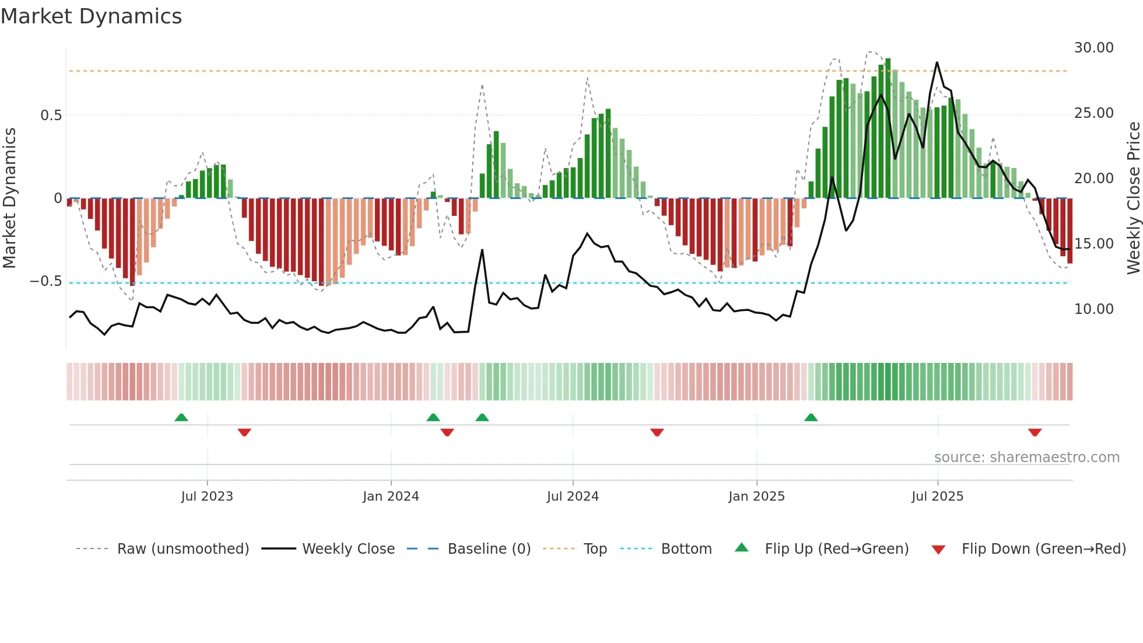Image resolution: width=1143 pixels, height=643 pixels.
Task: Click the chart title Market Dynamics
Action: (91, 16)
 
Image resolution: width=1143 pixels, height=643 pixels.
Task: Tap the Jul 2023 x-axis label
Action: (206, 497)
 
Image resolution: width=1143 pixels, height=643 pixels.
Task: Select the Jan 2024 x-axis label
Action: (391, 497)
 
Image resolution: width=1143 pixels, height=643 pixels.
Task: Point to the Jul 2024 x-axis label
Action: (573, 497)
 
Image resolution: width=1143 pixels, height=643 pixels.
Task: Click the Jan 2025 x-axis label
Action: (756, 497)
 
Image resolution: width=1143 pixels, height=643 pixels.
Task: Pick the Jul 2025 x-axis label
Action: (937, 497)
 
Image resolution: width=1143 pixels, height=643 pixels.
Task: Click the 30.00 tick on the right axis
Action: (1093, 48)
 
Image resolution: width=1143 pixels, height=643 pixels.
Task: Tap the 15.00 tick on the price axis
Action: (1093, 244)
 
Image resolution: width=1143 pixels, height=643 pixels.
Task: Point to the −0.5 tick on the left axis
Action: (46, 281)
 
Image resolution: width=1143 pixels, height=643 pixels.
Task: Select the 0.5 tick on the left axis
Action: (51, 116)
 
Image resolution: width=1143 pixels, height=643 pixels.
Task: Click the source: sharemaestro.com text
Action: (1026, 457)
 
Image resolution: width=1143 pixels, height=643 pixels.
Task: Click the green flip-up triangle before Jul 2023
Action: (181, 418)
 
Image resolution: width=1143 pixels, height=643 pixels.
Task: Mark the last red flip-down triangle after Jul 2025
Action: (1035, 432)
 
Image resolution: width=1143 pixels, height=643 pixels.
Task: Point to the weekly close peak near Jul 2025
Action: (937, 62)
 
